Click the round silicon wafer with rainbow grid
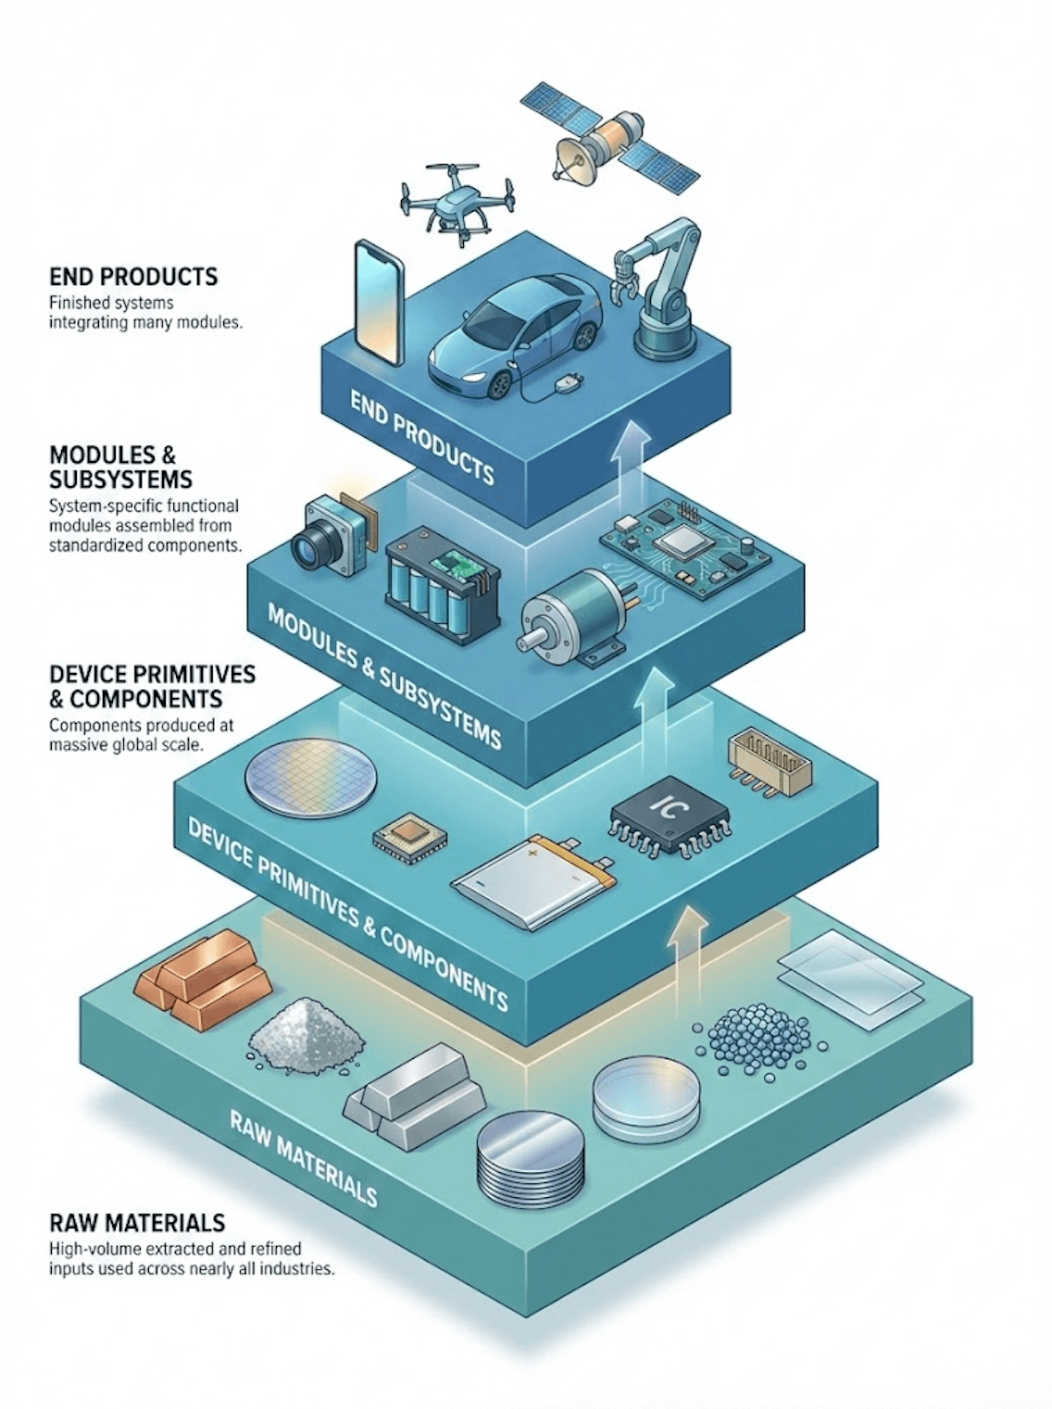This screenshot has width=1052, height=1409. click(311, 776)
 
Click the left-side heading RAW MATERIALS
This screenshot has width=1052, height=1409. click(137, 1222)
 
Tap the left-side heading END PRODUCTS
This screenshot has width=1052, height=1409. click(133, 276)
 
